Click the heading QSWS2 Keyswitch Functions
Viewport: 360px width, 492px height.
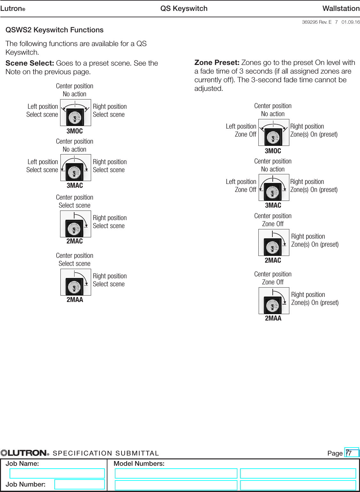click(54, 30)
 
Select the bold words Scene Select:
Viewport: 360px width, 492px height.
click(30, 63)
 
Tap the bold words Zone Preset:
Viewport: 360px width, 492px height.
click(217, 63)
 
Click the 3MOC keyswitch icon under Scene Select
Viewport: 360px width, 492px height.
click(75, 113)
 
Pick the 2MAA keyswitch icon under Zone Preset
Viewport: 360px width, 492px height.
click(274, 301)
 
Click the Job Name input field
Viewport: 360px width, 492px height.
click(57, 473)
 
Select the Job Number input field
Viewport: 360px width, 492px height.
click(79, 484)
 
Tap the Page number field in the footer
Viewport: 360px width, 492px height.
click(352, 453)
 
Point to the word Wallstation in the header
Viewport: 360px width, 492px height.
click(341, 9)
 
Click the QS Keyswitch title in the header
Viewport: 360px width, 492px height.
click(184, 9)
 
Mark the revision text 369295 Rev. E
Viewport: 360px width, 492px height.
click(317, 22)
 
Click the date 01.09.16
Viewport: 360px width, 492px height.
click(350, 22)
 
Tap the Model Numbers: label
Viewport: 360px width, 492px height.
click(139, 464)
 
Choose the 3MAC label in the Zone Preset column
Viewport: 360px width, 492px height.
click(273, 205)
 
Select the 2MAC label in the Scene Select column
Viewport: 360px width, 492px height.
click(74, 241)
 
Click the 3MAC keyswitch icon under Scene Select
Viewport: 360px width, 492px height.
click(75, 168)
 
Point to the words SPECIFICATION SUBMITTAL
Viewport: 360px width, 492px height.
click(106, 453)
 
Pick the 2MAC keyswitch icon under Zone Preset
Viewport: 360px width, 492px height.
click(274, 242)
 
